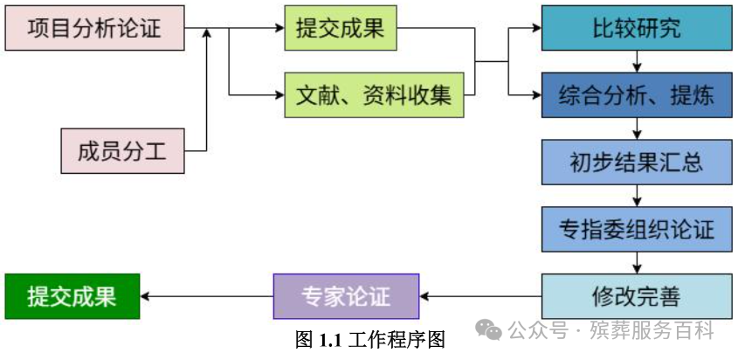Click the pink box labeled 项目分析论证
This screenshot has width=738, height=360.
pyautogui.click(x=94, y=29)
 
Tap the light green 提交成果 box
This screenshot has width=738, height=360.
pyautogui.click(x=340, y=29)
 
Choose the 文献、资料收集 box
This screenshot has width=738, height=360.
pyautogui.click(x=373, y=95)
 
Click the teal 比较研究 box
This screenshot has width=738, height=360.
pyautogui.click(x=636, y=29)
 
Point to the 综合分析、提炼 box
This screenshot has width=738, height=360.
pyautogui.click(x=636, y=95)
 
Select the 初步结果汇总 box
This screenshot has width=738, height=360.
pyautogui.click(x=636, y=162)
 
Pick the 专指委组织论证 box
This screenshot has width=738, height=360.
pyautogui.click(x=636, y=229)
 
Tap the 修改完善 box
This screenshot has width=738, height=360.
pyautogui.click(x=636, y=296)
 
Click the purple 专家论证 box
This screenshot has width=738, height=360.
pyautogui.click(x=346, y=296)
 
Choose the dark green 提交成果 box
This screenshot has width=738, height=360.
pyautogui.click(x=72, y=296)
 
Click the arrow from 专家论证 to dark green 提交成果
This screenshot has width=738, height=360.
pyautogui.click(x=206, y=296)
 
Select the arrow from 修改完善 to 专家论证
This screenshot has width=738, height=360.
pyautogui.click(x=479, y=296)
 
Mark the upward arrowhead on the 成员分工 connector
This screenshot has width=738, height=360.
pyautogui.click(x=207, y=34)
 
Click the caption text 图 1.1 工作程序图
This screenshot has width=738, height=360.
pyautogui.click(x=370, y=340)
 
